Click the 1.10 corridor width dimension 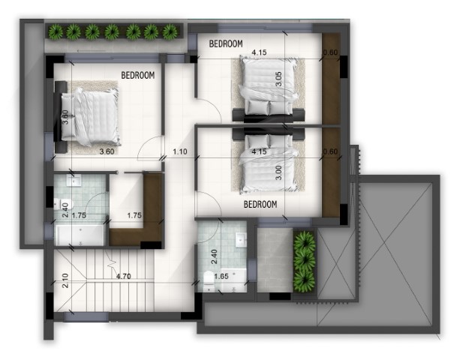coord(180,151)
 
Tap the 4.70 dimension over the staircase coord(123,277)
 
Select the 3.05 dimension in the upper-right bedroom coord(278,79)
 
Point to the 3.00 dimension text coord(278,172)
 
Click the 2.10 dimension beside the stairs coord(65,280)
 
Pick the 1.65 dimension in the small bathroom coord(221,277)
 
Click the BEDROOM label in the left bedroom coord(138,75)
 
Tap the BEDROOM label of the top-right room coord(226,43)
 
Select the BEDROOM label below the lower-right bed coord(260,204)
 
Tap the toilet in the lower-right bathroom coord(209,280)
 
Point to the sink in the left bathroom coord(74,180)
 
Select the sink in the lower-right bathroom coord(241,239)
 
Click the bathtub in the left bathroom coord(80,235)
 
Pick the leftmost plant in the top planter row coord(56,31)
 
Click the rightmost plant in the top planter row coord(170,31)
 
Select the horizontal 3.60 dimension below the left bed coord(107,151)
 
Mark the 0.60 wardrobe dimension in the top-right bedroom coord(330,52)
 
